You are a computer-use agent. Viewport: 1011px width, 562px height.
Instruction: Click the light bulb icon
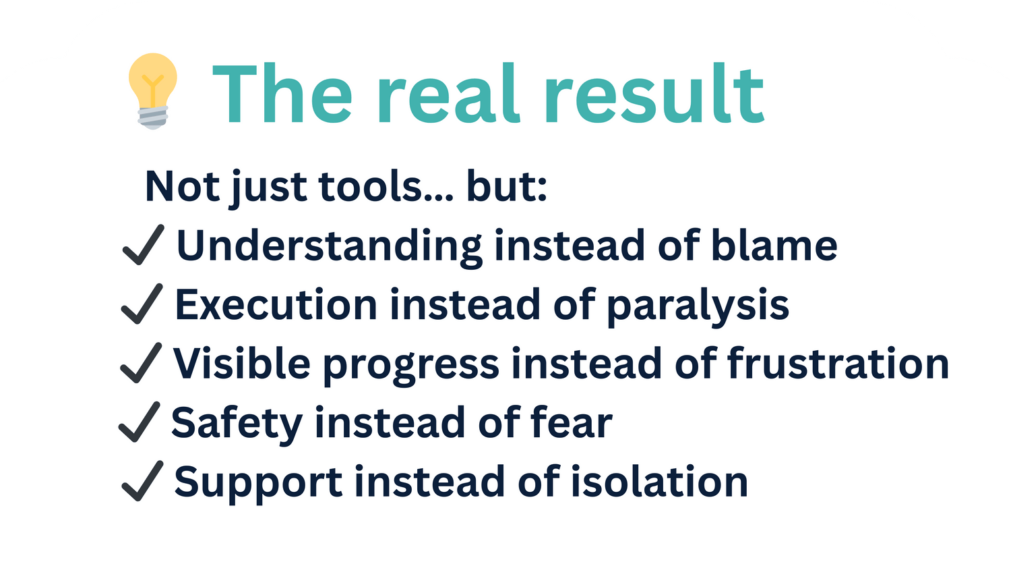pos(152,91)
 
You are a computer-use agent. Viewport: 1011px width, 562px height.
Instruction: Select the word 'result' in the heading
pos(655,93)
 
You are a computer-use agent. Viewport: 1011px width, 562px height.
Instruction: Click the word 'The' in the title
pos(282,93)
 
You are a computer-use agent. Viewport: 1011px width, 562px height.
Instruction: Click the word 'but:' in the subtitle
pos(507,186)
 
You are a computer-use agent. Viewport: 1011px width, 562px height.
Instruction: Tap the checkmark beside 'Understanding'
pos(143,244)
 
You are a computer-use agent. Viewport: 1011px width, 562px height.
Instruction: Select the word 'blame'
pos(774,245)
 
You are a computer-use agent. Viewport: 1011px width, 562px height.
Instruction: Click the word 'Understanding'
pos(330,247)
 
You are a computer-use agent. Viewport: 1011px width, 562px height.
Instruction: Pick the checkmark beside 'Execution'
pos(142,304)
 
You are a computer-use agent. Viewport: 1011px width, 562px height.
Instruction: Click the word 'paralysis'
pos(698,306)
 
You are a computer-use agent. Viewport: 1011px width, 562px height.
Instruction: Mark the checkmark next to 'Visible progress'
pos(141,363)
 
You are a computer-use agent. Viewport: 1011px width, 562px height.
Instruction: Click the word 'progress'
pos(411,366)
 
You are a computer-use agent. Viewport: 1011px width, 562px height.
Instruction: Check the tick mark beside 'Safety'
pos(140,422)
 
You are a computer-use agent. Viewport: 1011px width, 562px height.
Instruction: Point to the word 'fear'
pos(571,422)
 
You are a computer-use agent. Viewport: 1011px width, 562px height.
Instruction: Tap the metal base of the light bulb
pos(153,118)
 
